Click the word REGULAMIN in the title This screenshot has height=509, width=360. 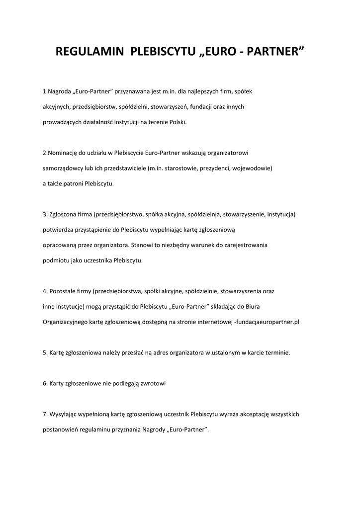click(89, 52)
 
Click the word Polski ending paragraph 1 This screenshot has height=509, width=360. click(178, 122)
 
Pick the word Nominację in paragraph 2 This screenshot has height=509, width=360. click(62, 153)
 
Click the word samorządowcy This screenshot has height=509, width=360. click(63, 168)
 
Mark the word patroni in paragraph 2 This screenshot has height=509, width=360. click(76, 183)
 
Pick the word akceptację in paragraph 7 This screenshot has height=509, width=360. click(256, 414)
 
